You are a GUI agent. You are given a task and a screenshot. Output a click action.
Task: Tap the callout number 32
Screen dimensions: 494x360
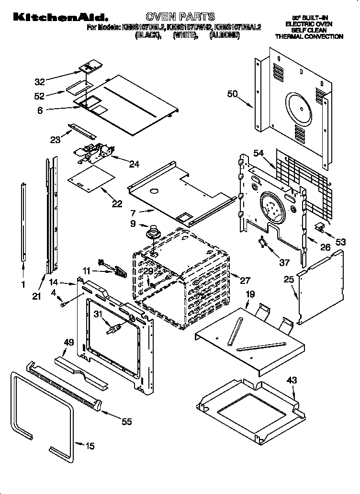tap(40, 81)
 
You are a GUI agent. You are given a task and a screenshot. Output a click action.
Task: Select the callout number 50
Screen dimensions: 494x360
tap(232, 94)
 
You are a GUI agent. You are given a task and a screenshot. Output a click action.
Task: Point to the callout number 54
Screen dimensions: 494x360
tap(259, 153)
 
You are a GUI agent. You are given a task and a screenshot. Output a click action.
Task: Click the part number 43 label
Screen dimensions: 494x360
tap(292, 380)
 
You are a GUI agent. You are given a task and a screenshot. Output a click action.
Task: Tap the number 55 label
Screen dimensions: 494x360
tap(126, 422)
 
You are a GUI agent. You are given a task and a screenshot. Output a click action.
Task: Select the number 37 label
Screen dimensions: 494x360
tap(284, 262)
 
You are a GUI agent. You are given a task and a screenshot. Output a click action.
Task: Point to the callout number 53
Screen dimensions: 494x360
tap(340, 242)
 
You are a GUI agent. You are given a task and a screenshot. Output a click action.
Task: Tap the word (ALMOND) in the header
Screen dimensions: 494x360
tap(225, 35)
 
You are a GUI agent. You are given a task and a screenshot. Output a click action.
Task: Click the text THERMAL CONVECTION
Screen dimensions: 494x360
tap(309, 36)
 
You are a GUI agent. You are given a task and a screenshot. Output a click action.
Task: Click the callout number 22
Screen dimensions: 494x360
tap(117, 203)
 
